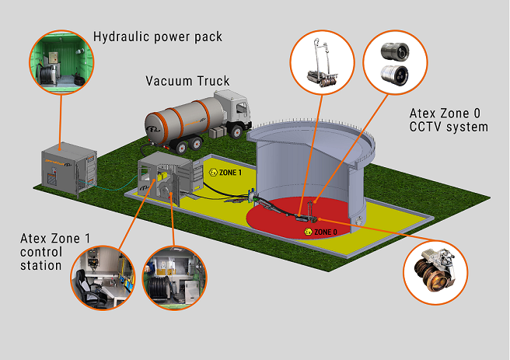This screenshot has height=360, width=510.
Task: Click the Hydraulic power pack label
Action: (158, 37)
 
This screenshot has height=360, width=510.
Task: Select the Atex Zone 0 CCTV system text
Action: (449, 121)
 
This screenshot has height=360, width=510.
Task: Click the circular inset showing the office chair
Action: (104, 276)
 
